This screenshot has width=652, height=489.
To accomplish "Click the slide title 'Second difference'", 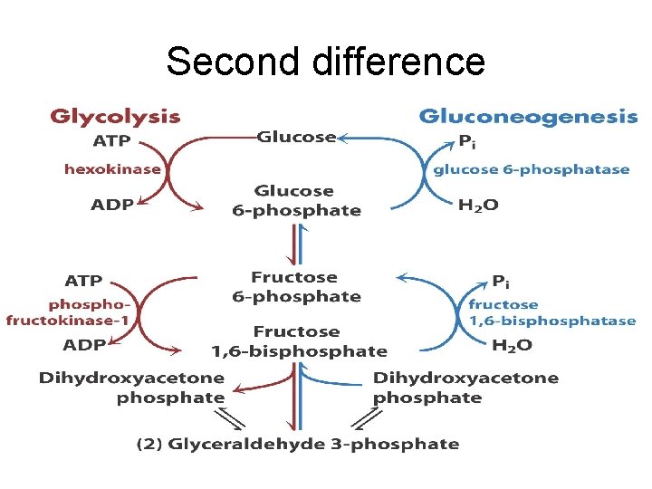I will pos(326,62).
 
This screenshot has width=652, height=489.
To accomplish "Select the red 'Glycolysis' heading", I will pos(115,117).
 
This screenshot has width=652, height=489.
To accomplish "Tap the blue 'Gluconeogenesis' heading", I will pos(528,117).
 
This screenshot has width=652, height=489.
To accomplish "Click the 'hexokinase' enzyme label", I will pos(112,168).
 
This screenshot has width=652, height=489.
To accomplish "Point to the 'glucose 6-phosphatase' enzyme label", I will pos(531,169).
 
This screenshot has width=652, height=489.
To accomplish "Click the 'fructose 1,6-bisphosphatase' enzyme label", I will pos(551,312).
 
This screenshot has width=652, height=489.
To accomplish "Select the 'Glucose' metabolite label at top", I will pos(296,137).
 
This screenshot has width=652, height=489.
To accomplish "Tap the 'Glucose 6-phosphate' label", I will pos(295,201).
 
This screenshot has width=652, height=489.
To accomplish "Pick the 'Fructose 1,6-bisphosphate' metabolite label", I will pos(299,341).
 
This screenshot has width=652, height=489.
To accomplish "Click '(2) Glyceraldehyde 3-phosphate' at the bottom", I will pos(298,445).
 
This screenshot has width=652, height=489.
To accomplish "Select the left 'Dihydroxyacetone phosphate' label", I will pos(131,388).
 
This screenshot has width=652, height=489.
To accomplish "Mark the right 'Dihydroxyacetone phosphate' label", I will pos(465,388).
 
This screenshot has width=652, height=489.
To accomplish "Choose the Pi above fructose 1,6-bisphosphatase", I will pos(499,282).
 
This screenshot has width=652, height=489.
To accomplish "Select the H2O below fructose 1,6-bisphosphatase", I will pos(512,345).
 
